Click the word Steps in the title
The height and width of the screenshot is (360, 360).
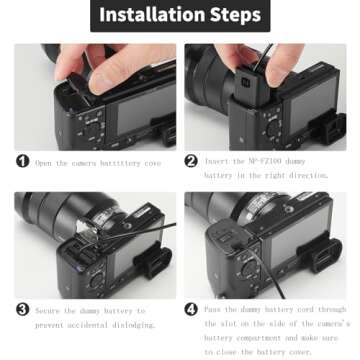click(232, 16)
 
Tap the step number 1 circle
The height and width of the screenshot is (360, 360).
click(22, 161)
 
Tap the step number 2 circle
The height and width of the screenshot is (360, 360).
click(191, 161)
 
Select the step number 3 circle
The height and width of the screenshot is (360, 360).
click(22, 311)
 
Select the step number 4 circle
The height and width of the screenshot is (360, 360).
click(191, 310)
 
